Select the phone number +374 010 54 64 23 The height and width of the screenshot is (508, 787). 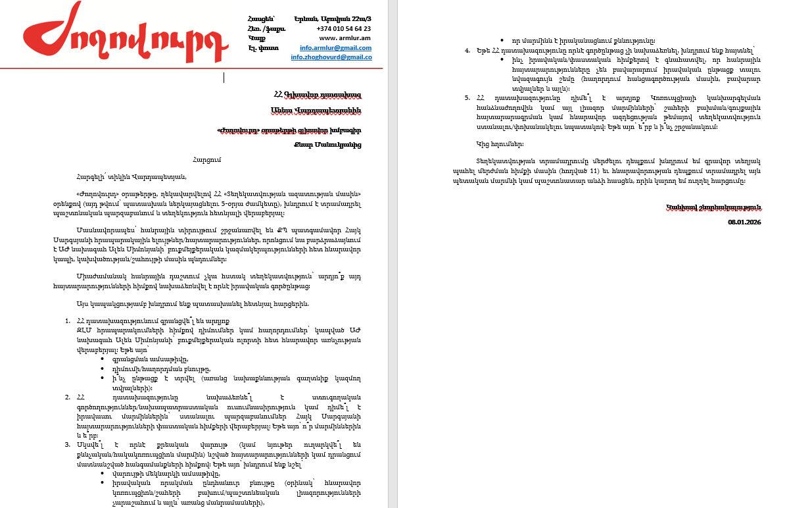[343, 29]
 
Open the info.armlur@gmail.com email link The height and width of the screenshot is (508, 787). [335, 48]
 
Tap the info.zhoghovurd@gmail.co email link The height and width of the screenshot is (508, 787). [331, 57]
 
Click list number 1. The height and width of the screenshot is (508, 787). [68, 320]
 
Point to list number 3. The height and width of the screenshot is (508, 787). [68, 445]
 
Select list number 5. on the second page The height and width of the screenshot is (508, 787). [467, 97]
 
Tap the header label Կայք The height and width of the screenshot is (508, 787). [256, 38]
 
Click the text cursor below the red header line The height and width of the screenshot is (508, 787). [224, 78]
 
